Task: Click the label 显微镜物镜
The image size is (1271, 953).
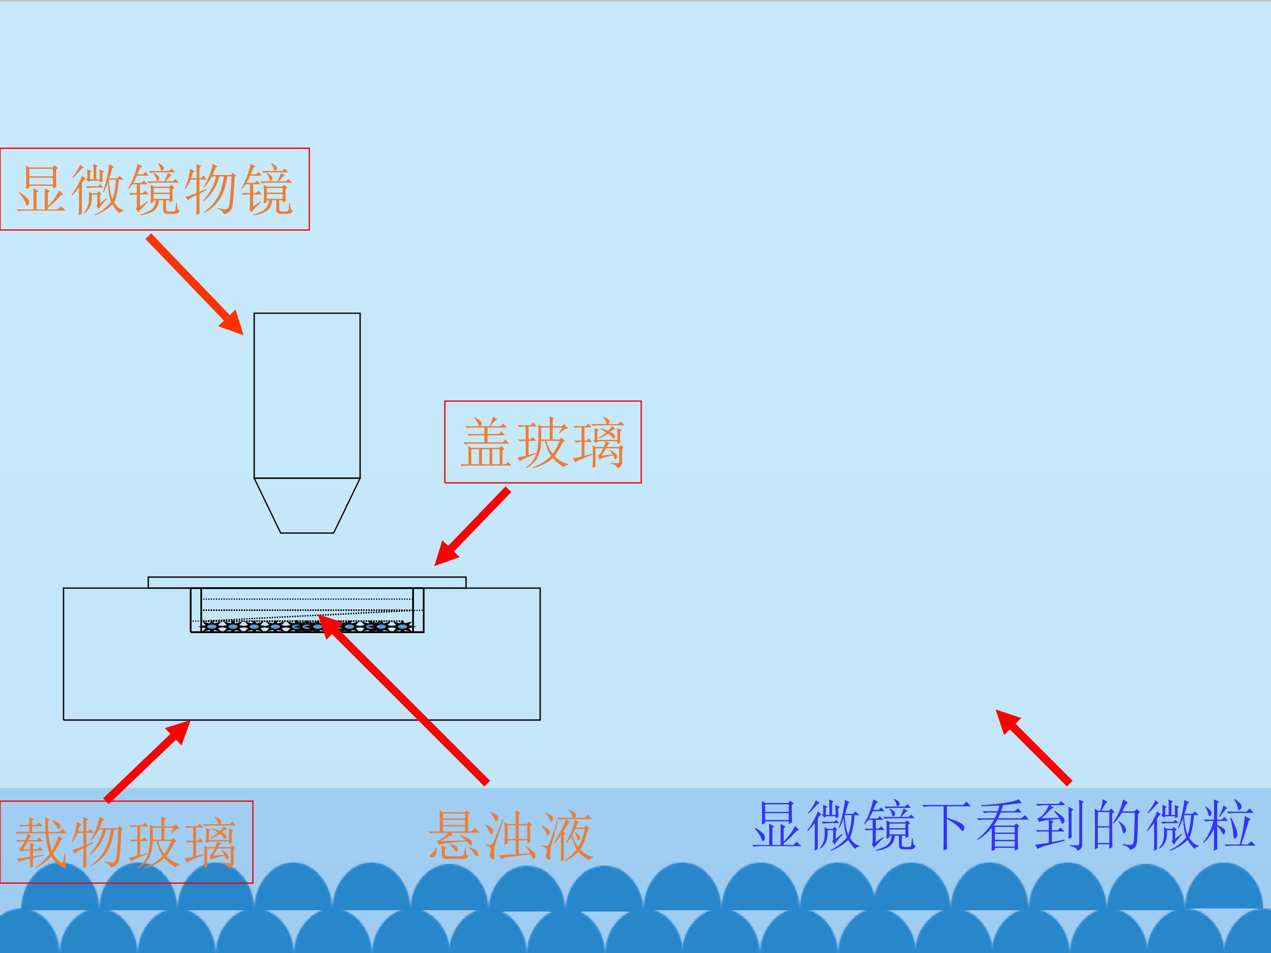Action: pyautogui.click(x=154, y=189)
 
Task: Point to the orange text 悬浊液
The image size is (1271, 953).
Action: pyautogui.click(x=510, y=836)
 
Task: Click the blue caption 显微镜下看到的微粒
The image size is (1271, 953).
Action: pyautogui.click(x=1003, y=825)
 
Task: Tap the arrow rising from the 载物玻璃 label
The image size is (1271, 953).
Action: pyautogui.click(x=148, y=761)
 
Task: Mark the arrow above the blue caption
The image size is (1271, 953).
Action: pyautogui.click(x=1033, y=747)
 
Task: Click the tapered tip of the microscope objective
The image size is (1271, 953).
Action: pyautogui.click(x=307, y=506)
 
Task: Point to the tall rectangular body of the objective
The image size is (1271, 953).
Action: pyautogui.click(x=307, y=395)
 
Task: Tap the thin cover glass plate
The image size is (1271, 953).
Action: pyautogui.click(x=307, y=582)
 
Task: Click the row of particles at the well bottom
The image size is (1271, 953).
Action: pyautogui.click(x=307, y=627)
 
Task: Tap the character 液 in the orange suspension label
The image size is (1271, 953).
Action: pyautogui.click(x=565, y=836)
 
